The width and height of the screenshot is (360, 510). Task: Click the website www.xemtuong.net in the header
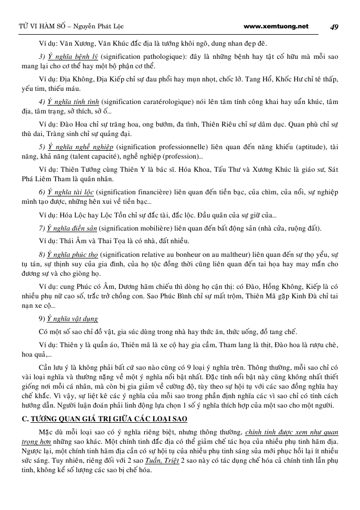click(277, 26)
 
